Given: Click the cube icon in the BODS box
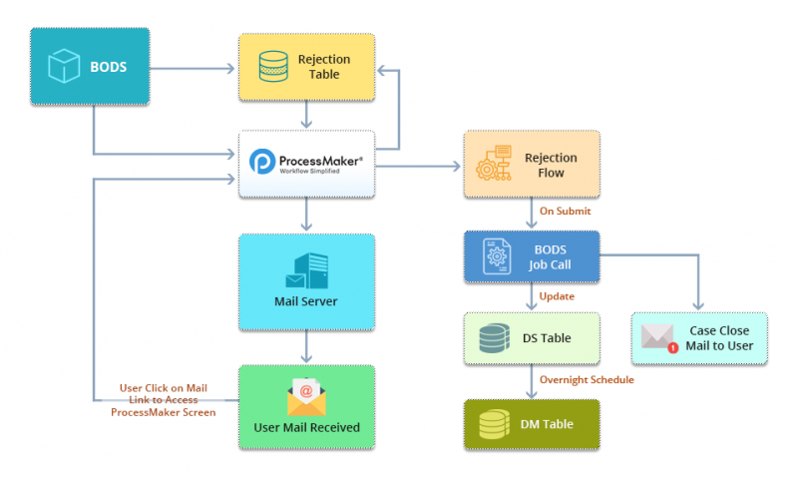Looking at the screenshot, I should [65, 68].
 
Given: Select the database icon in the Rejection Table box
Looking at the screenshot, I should [271, 66].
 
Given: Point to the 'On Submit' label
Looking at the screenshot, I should [566, 212].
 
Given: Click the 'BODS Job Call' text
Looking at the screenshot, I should [550, 257].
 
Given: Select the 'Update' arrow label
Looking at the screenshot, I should [557, 296].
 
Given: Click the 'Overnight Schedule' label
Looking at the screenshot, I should [587, 379].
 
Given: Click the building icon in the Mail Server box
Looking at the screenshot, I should [308, 271].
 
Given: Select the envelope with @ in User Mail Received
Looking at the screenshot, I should [306, 397].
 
